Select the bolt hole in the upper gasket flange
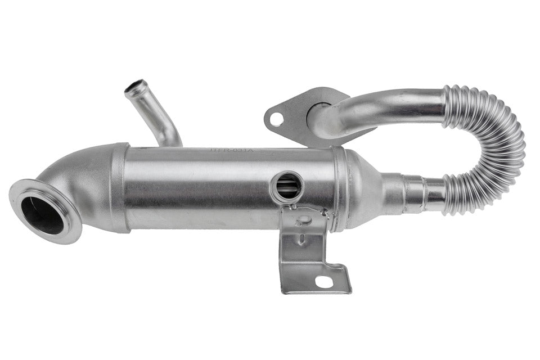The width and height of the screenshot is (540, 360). pos(276,119)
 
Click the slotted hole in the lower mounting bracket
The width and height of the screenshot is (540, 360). pos(324,281)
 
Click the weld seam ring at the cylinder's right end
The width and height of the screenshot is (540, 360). pos(337,188)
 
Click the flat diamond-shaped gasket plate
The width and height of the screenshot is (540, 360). pos(292,112)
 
